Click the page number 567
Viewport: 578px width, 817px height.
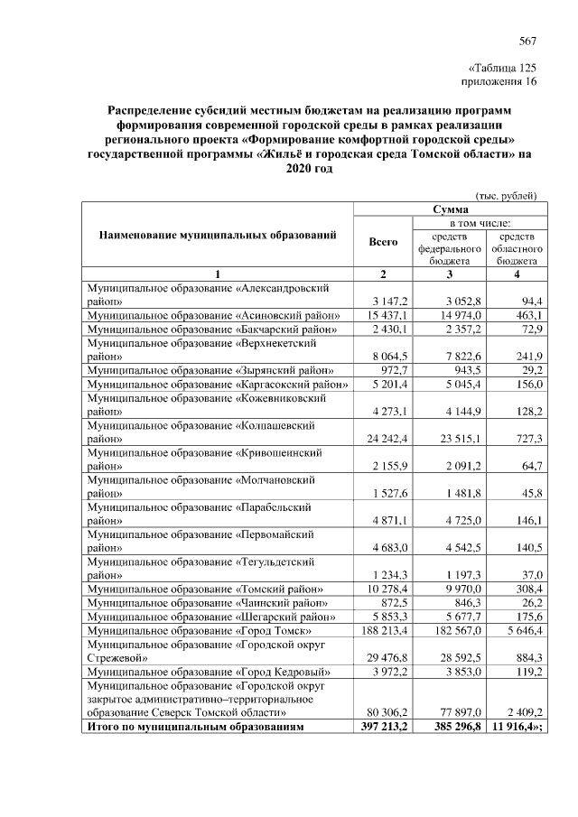(527, 41)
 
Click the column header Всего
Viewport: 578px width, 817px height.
(384, 242)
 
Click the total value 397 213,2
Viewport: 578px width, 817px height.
(382, 726)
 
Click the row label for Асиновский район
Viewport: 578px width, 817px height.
(212, 314)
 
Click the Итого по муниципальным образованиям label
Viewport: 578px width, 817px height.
(195, 726)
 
